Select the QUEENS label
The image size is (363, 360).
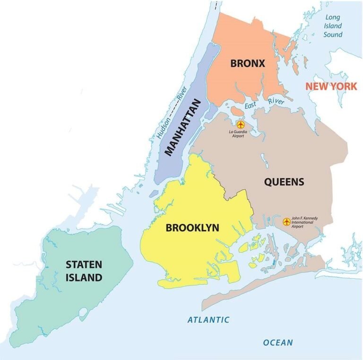[284, 182]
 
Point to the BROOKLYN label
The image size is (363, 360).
[192, 228]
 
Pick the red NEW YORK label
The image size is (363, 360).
[330, 87]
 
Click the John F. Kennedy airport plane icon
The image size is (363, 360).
[286, 221]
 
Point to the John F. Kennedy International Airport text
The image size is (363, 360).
[305, 222]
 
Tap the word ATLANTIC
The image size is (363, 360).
[208, 320]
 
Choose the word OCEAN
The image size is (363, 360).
[278, 342]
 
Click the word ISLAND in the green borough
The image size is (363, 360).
[84, 278]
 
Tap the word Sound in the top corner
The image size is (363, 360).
[333, 34]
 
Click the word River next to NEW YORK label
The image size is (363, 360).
[276, 101]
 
